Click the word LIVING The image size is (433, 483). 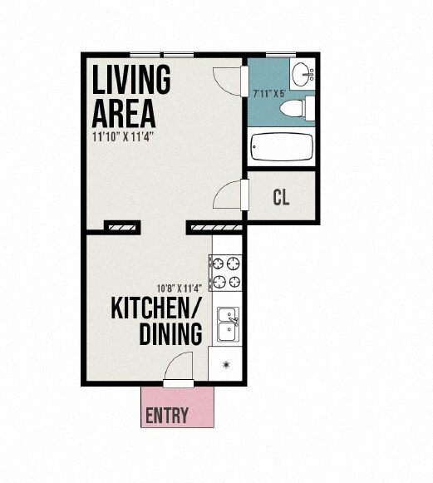pyautogui.click(x=131, y=80)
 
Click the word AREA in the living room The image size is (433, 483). pyautogui.click(x=122, y=111)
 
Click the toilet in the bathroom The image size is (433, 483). pyautogui.click(x=294, y=109)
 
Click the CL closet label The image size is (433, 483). pyautogui.click(x=281, y=198)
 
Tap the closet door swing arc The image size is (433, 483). pyautogui.click(x=228, y=196)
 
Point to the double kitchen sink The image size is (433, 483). pyautogui.click(x=226, y=324)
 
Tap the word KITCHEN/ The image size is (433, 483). pyautogui.click(x=156, y=309)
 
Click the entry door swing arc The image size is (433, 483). pyautogui.click(x=177, y=367)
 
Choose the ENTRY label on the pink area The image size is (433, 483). pyautogui.click(x=167, y=416)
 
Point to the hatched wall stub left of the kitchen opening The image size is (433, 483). pyautogui.click(x=121, y=225)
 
